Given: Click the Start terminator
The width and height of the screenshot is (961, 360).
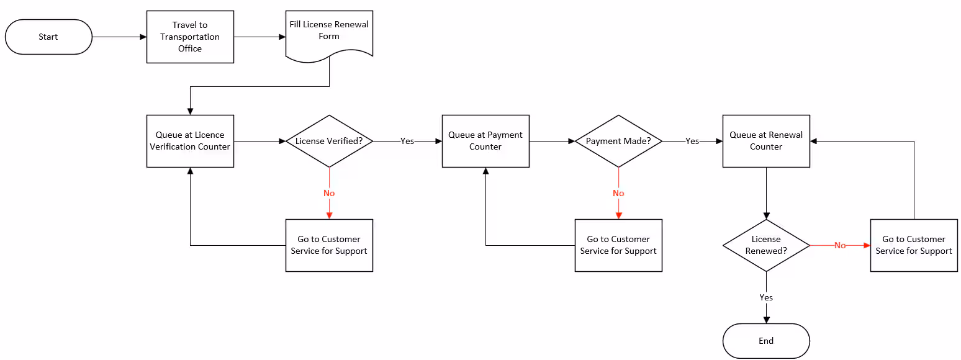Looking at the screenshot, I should pyautogui.click(x=48, y=37).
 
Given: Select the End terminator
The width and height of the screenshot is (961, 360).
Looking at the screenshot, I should pyautogui.click(x=766, y=341).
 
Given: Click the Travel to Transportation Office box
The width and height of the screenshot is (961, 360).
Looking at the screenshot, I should pyautogui.click(x=190, y=37).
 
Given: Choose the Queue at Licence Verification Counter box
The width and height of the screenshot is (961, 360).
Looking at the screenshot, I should pyautogui.click(x=190, y=141).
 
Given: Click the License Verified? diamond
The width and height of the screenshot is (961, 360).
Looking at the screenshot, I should pyautogui.click(x=329, y=141).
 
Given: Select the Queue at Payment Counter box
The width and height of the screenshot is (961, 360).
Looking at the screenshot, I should pyautogui.click(x=485, y=141).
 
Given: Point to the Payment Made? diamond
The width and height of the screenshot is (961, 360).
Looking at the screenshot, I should pyautogui.click(x=618, y=141).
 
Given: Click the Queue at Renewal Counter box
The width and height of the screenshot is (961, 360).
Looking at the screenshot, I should pyautogui.click(x=766, y=141).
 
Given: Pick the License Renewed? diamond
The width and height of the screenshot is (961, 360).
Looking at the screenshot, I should pyautogui.click(x=766, y=245).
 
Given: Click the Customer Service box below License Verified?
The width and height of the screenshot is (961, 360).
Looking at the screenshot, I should pyautogui.click(x=329, y=245).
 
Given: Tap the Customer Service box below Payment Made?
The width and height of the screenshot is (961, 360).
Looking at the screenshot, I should pyautogui.click(x=618, y=245).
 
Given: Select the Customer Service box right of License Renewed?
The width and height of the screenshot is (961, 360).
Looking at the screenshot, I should pyautogui.click(x=914, y=245).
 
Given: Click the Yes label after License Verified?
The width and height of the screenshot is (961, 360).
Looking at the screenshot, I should pyautogui.click(x=407, y=141).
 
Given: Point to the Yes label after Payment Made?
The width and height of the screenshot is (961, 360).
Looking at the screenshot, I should pyautogui.click(x=692, y=141).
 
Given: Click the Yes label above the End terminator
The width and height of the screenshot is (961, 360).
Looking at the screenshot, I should pyautogui.click(x=766, y=297).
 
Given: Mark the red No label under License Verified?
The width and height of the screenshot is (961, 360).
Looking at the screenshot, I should pyautogui.click(x=329, y=193).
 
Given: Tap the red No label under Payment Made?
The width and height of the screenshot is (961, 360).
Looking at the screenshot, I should pyautogui.click(x=618, y=193).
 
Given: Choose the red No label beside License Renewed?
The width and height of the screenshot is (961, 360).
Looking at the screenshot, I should pyautogui.click(x=840, y=245).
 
